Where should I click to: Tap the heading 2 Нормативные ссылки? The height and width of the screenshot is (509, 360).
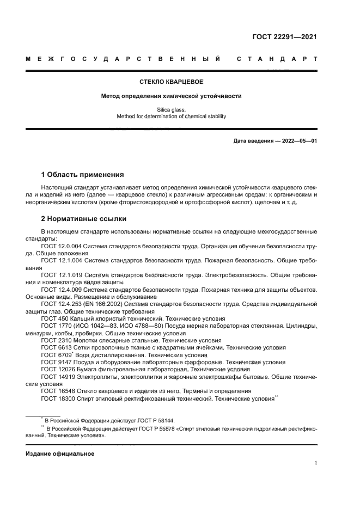pyautogui.click(x=84, y=219)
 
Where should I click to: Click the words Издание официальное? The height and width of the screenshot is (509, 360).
pyautogui.click(x=60, y=453)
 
